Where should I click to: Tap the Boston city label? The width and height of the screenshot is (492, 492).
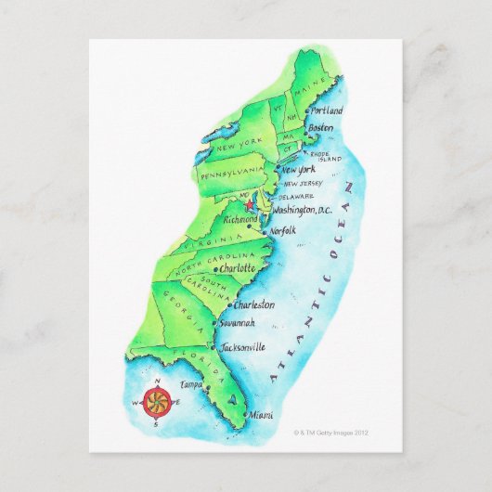tap(321, 127)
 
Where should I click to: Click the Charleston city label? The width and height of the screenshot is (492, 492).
tap(252, 304)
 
